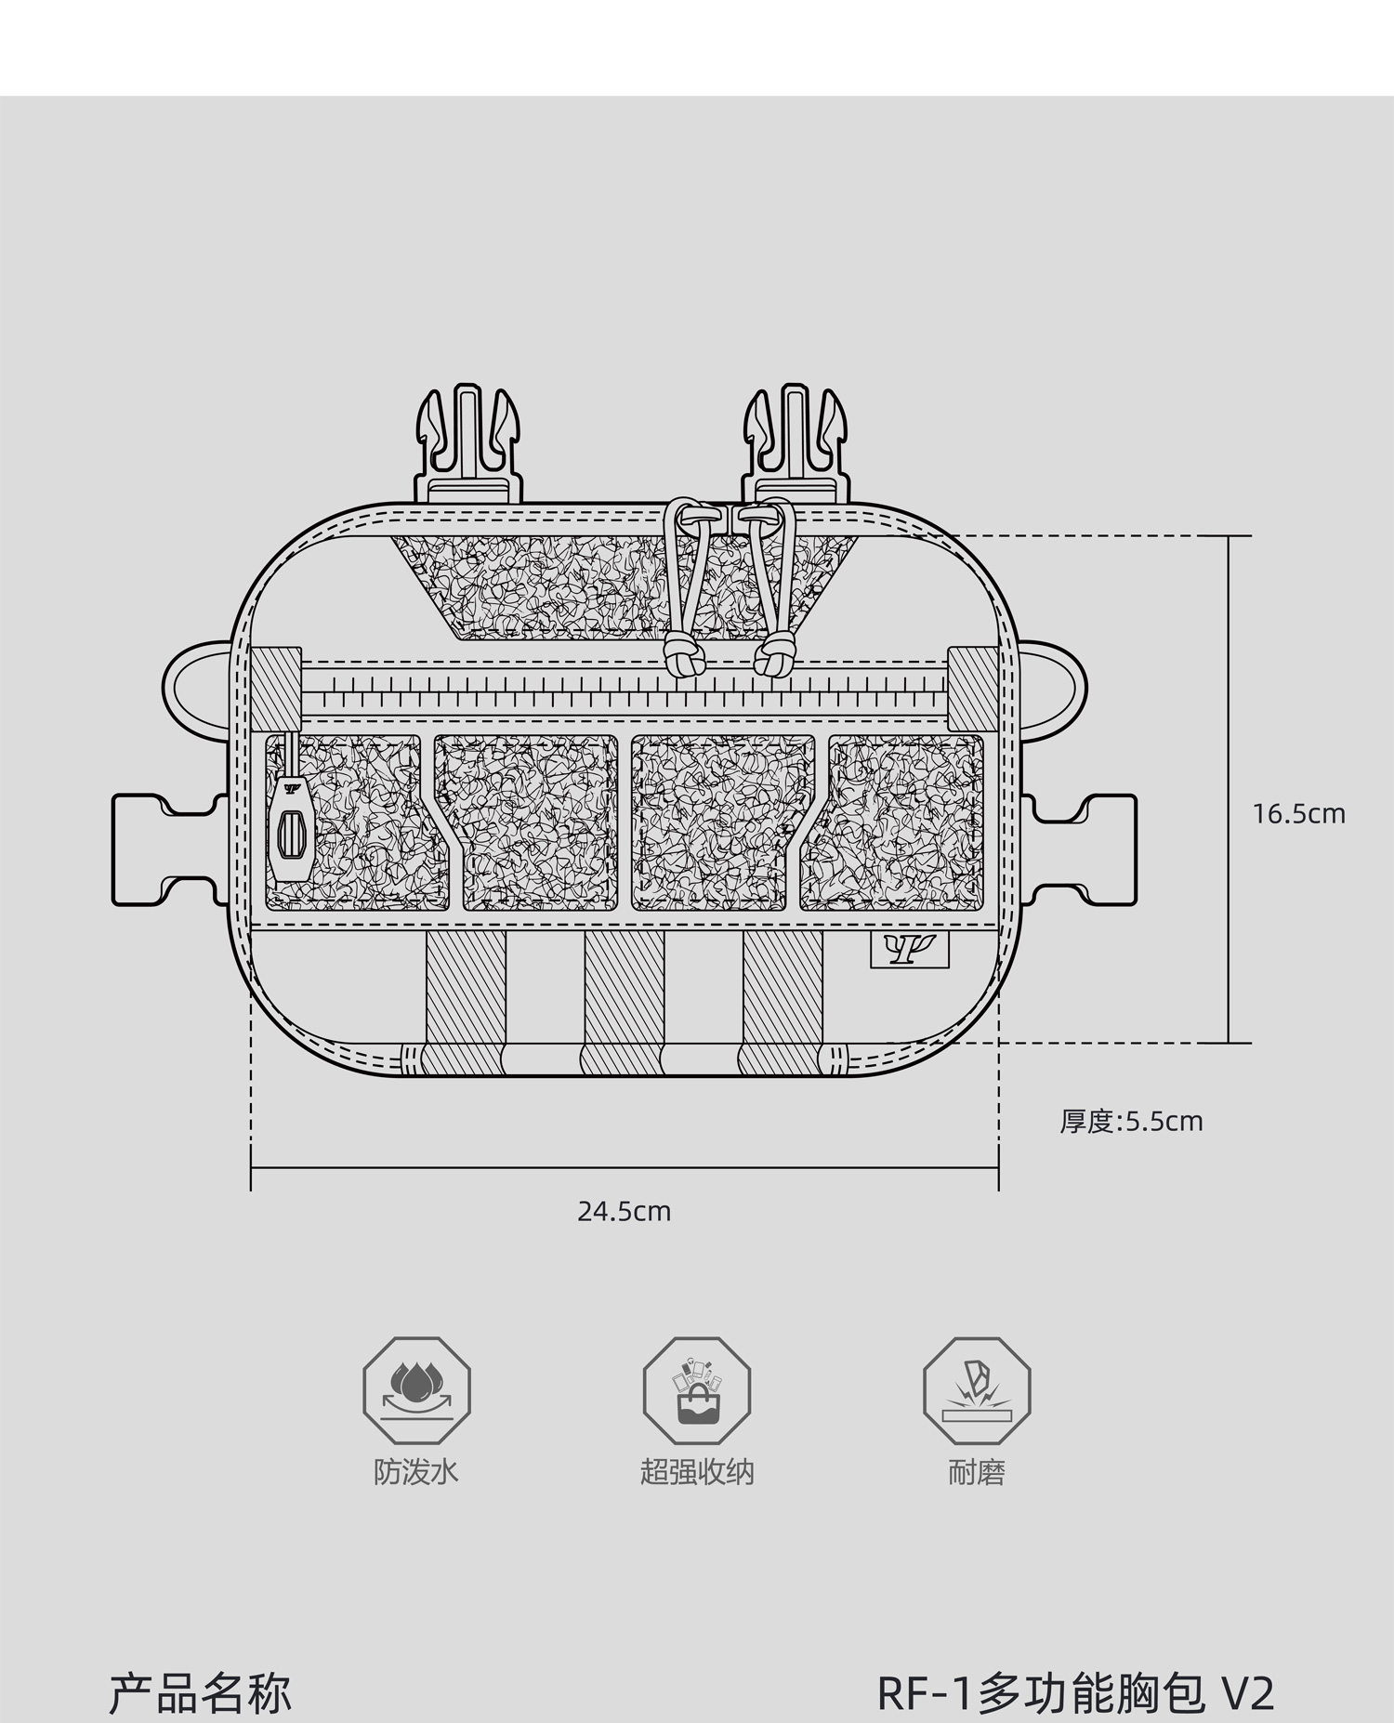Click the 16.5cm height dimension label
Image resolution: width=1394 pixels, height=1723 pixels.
(1298, 814)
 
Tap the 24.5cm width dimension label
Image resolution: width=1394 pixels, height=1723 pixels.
(624, 1212)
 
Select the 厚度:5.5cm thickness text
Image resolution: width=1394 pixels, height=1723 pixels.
(1131, 1121)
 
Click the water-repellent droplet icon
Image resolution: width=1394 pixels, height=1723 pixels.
(416, 1391)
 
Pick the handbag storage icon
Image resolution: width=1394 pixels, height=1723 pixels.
(697, 1391)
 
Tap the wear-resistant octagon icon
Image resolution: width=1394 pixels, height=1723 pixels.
(977, 1391)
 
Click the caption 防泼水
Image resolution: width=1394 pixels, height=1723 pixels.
(416, 1472)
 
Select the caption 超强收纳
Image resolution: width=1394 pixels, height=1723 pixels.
(697, 1472)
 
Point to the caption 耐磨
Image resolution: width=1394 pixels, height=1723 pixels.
(977, 1472)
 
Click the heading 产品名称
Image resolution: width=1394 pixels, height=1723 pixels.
(201, 1693)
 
